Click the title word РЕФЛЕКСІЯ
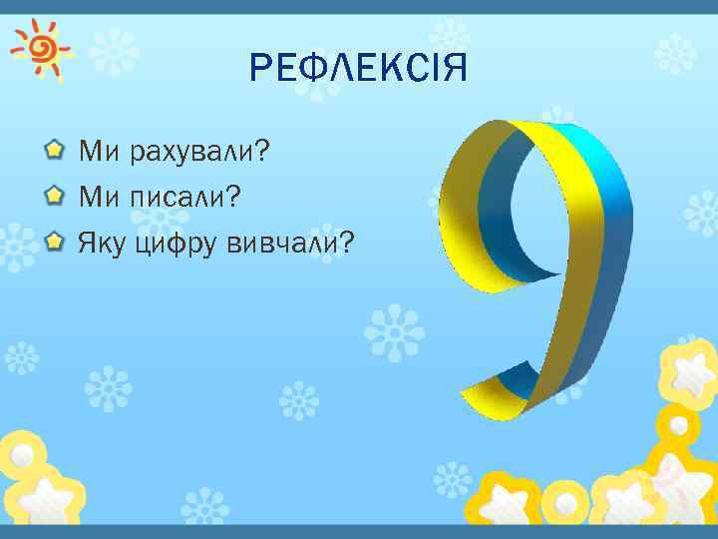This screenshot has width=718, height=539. tap(359, 69)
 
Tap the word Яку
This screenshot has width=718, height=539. tap(99, 243)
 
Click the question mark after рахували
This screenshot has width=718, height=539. tap(264, 151)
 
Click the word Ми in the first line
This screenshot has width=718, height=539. tap(98, 152)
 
